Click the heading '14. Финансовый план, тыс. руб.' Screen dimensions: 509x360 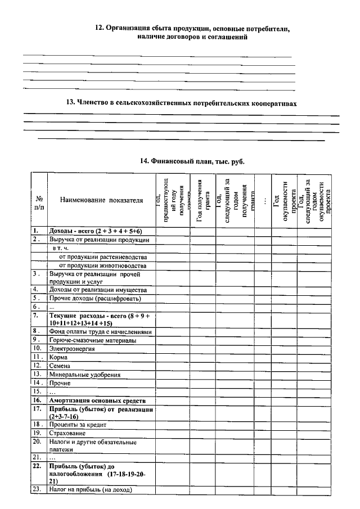click(192, 161)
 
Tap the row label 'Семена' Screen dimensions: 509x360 click(61, 365)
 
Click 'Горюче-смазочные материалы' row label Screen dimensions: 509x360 click(92, 340)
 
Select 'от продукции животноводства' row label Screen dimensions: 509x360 click(103, 265)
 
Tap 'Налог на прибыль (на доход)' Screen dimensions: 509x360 click(90, 489)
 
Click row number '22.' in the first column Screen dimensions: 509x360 click(37, 466)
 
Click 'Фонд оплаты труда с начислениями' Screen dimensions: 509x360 click(100, 331)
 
